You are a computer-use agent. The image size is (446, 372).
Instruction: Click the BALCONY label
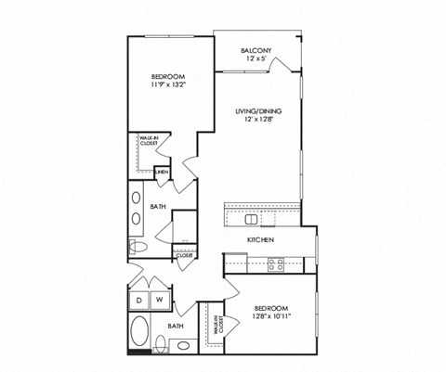pos(256,50)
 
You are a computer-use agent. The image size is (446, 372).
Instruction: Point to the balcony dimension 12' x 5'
pos(256,59)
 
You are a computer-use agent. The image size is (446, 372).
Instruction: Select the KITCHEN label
pos(259,240)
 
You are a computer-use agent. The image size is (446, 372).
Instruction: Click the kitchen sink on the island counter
pos(252,220)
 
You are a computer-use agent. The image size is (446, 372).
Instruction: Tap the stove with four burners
pos(276,263)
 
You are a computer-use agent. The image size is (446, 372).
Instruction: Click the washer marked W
pos(159,300)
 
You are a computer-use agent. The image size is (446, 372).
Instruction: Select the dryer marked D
pos(138,300)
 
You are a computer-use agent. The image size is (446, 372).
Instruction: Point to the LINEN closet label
pos(162,173)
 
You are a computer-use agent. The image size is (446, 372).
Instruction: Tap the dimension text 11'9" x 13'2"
pos(167,85)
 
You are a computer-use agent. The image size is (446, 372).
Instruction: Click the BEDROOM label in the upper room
pos(167,76)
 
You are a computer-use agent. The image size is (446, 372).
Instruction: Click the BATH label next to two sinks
pos(159,207)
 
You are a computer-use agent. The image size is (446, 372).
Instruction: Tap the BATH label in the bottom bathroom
pos(175,327)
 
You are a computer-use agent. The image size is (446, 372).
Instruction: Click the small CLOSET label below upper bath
pos(184,254)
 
